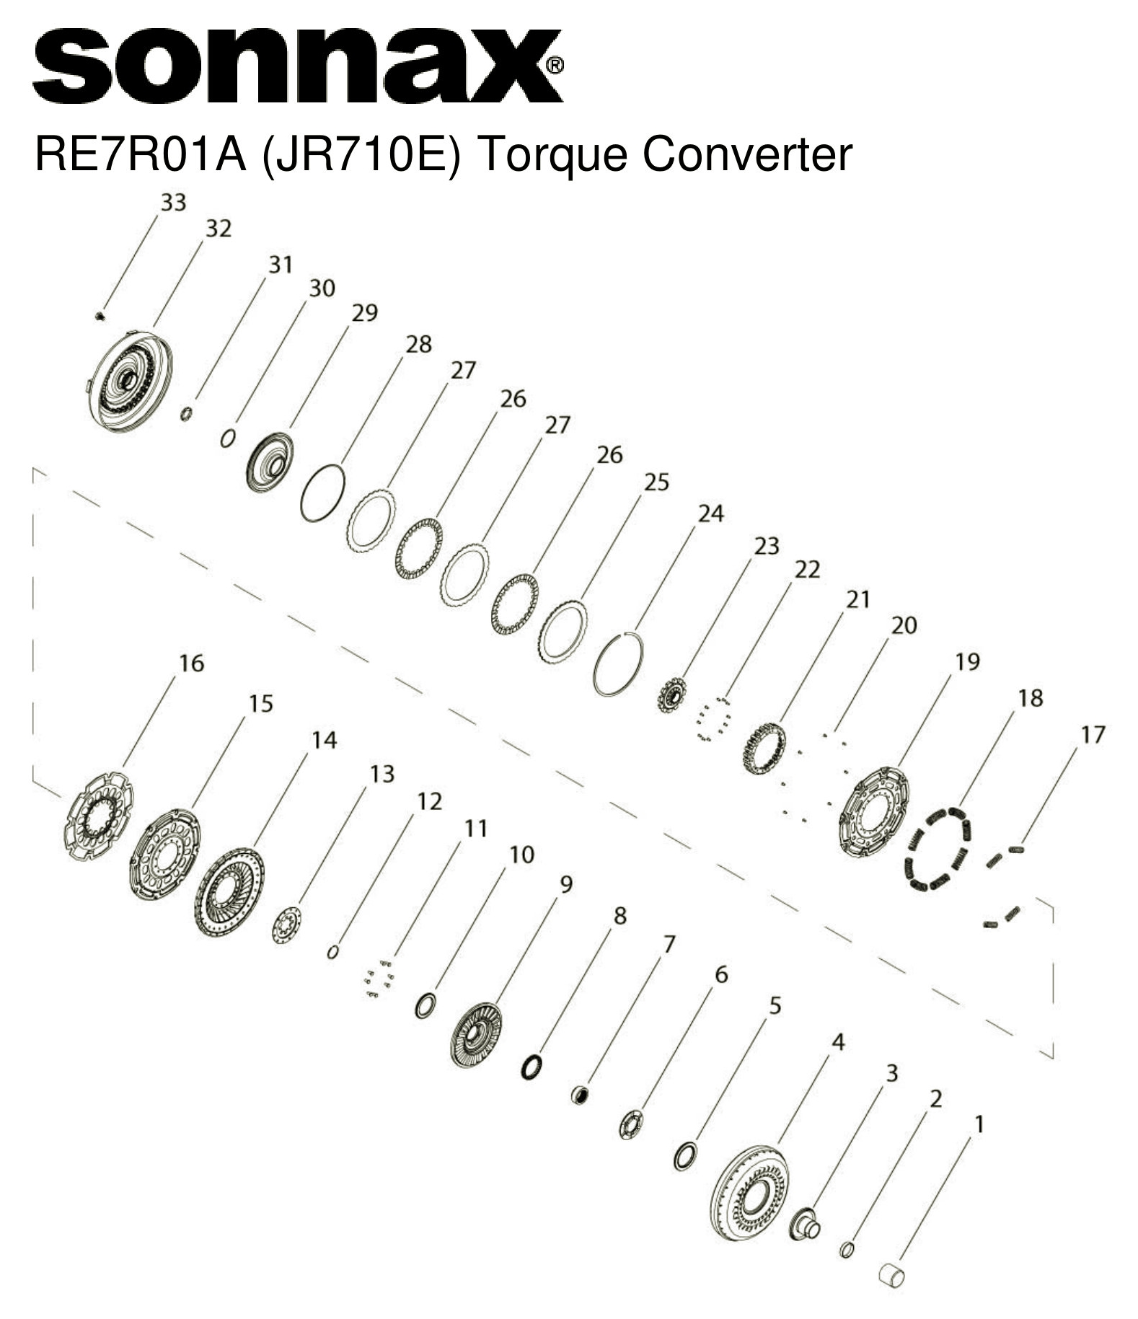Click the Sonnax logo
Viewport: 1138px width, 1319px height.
[296, 66]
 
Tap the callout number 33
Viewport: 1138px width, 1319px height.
[173, 203]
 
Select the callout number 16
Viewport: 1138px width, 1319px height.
[191, 663]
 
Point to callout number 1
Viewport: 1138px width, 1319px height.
[979, 1124]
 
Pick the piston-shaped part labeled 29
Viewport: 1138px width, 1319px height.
[270, 462]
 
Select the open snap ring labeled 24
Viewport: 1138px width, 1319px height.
[618, 663]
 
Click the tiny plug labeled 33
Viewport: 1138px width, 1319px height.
[100, 315]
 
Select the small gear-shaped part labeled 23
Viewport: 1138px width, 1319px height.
[671, 695]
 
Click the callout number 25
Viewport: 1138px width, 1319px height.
[656, 482]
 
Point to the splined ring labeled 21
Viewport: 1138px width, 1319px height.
[764, 749]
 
